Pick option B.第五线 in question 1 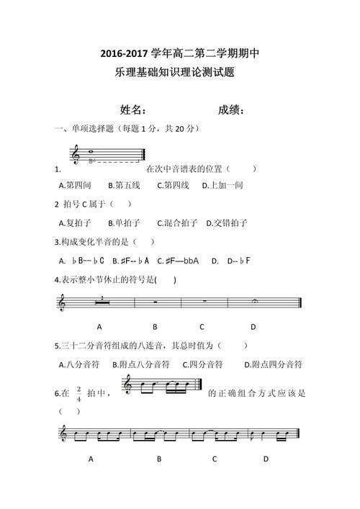click(x=124, y=185)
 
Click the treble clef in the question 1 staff click(x=76, y=154)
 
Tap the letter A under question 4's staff click(x=98, y=326)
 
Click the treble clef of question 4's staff click(x=61, y=305)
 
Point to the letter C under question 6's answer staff click(x=215, y=458)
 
